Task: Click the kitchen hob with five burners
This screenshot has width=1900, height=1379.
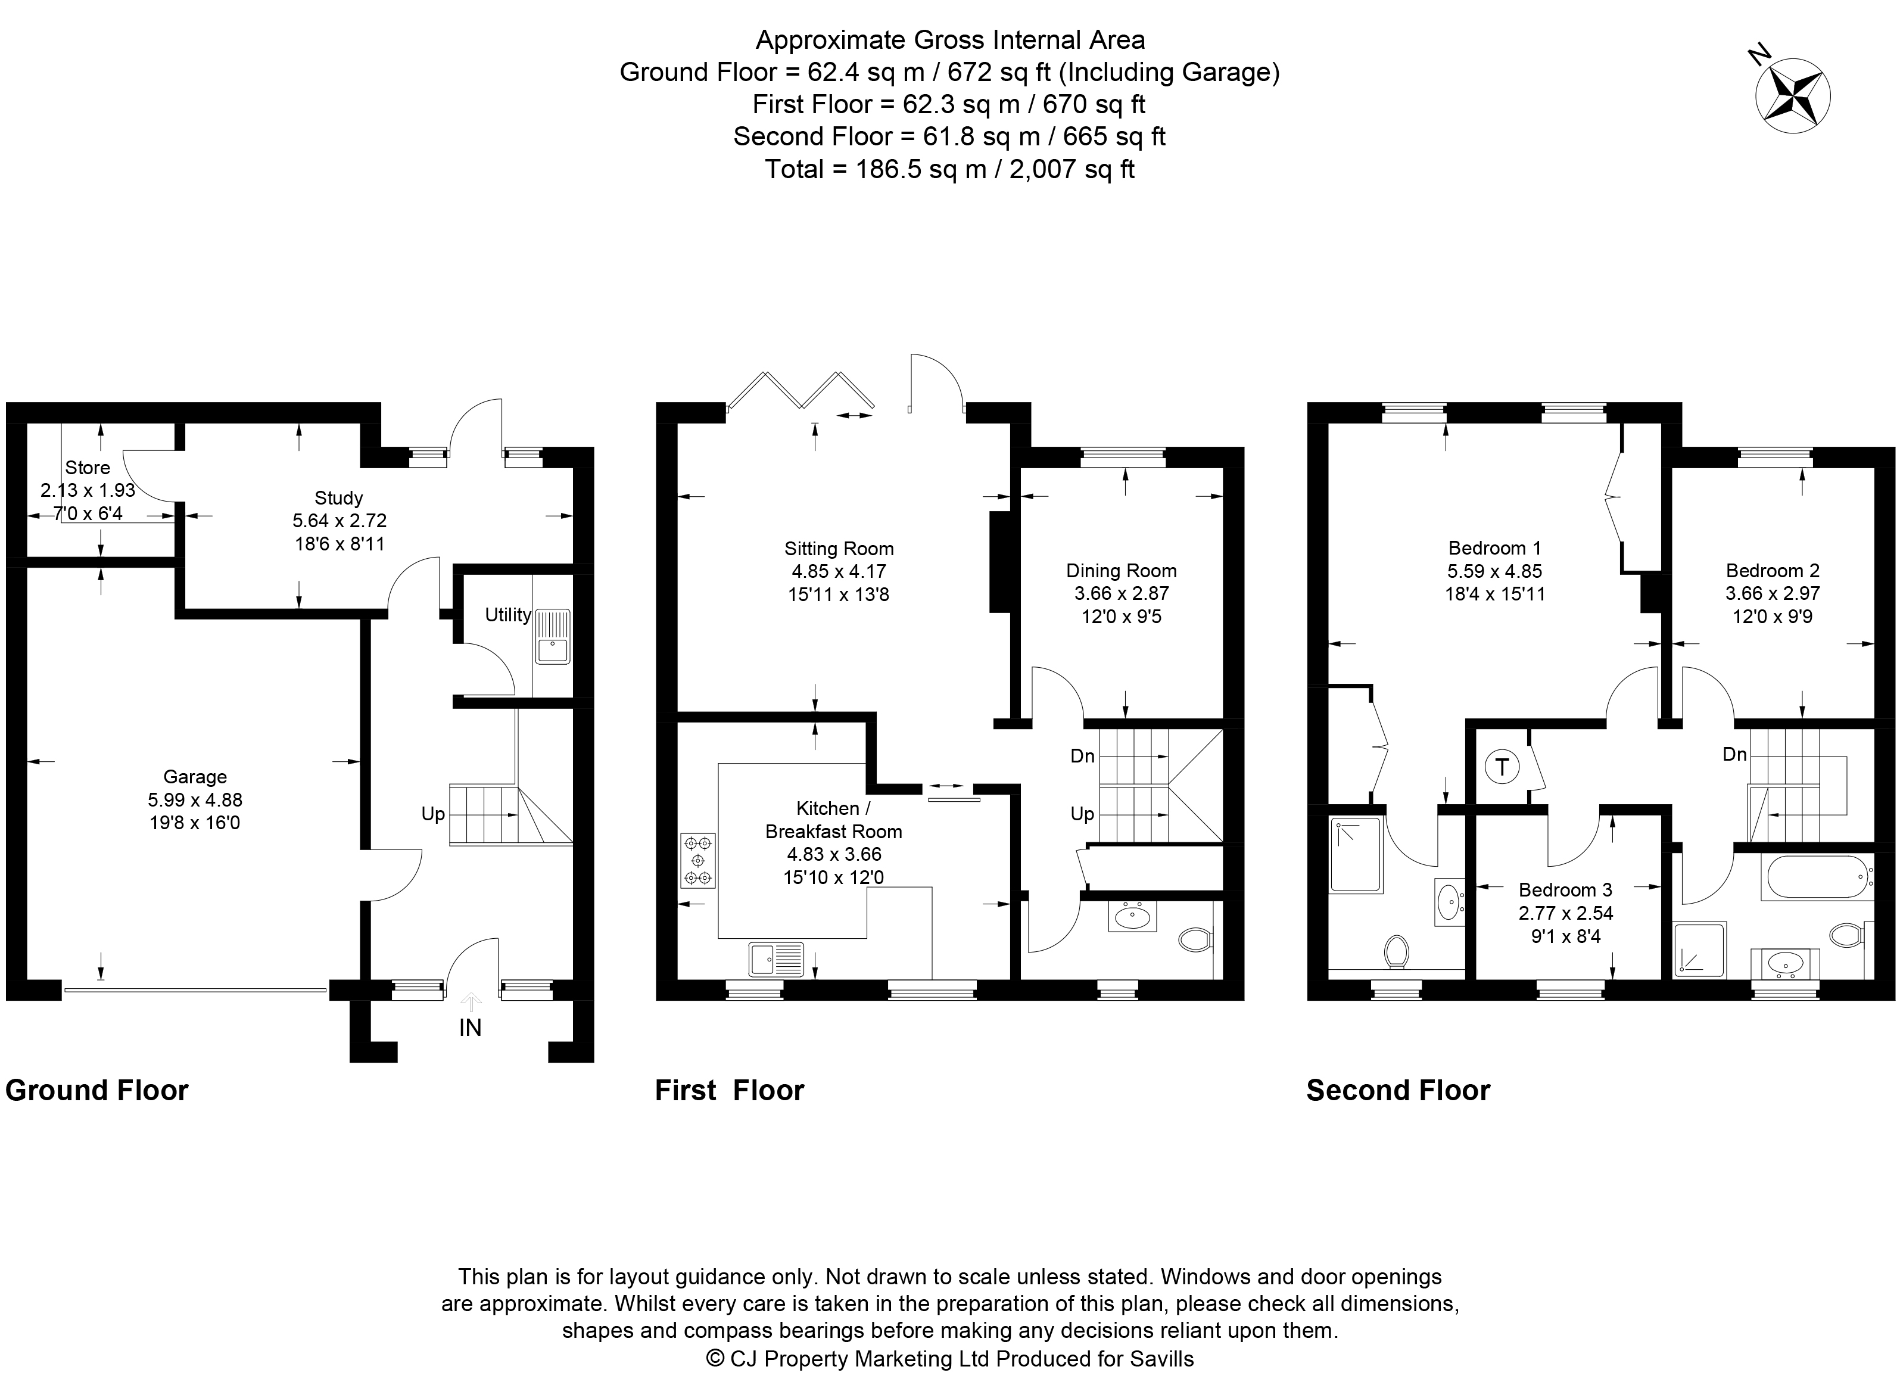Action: pos(698,860)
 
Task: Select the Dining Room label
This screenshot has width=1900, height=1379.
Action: pos(1121,571)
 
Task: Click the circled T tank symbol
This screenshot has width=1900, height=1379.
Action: pos(1501,767)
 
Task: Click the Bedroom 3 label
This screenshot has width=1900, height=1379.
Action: pos(1565,890)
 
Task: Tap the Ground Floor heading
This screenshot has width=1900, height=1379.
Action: pos(97,1090)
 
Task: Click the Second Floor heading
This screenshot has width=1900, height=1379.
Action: pos(1398,1090)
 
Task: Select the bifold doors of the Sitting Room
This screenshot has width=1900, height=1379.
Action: pos(800,390)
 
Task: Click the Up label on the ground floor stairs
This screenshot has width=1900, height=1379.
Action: pos(432,814)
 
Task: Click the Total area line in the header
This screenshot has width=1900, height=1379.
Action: pos(949,169)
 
